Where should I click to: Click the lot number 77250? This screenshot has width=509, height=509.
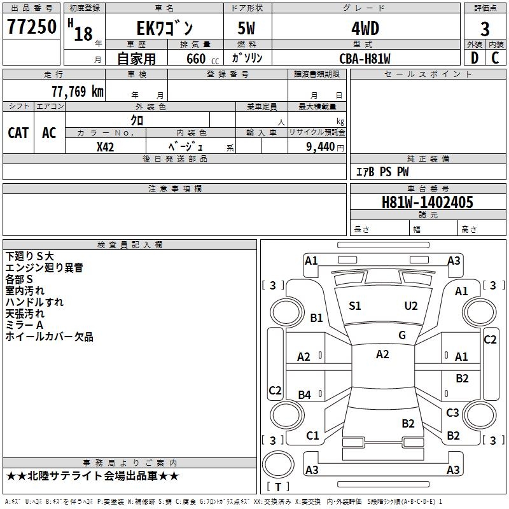tap(32, 27)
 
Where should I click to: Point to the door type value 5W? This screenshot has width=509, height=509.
tap(247, 29)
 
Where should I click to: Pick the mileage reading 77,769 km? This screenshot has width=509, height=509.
tap(77, 91)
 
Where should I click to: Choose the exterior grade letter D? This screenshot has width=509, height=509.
tap(474, 58)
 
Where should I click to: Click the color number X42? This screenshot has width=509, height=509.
tap(106, 146)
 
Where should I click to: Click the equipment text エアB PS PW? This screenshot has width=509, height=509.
tap(382, 172)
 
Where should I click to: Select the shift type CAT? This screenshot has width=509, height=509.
tap(18, 132)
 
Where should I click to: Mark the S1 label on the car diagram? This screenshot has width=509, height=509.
tap(355, 306)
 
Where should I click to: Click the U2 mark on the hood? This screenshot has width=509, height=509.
tap(411, 306)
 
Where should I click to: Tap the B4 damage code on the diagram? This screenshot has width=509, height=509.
tap(305, 395)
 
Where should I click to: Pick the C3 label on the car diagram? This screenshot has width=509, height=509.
tap(452, 413)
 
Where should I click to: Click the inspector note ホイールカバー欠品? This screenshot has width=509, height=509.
tap(49, 337)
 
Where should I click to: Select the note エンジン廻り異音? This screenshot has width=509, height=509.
tap(44, 268)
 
